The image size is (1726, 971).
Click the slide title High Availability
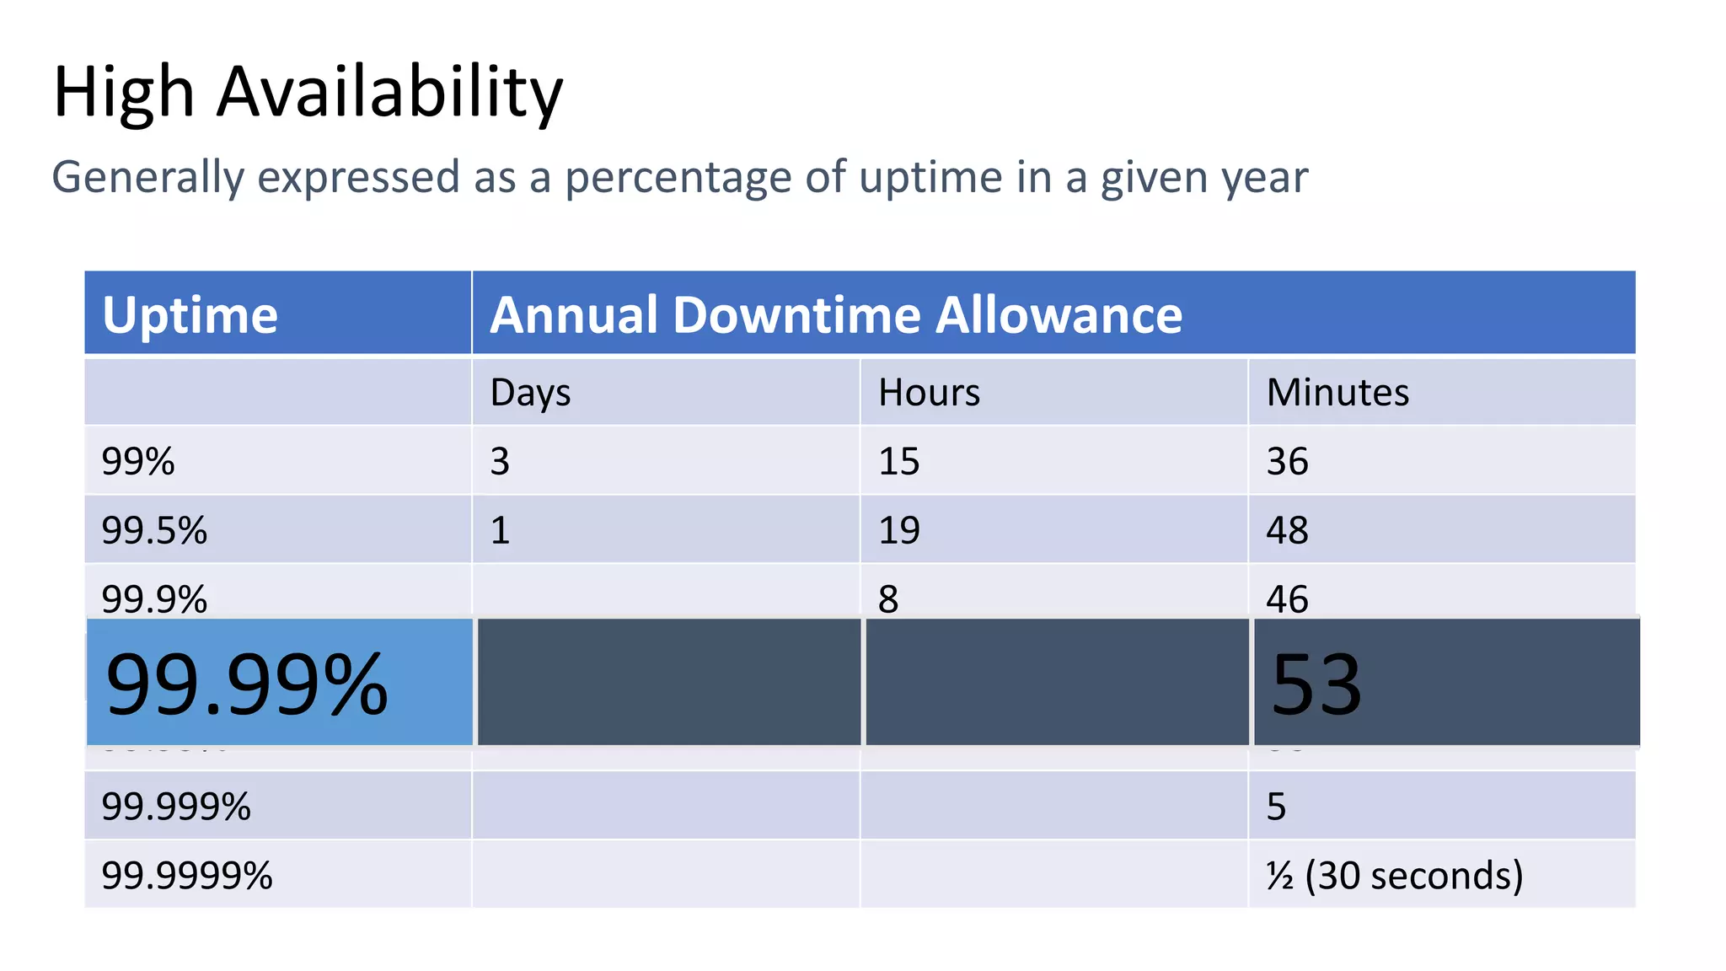308,93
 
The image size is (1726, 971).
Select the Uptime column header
190,315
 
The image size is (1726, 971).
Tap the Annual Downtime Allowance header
836,315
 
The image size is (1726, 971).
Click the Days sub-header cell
530,393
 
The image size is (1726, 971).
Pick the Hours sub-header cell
929,393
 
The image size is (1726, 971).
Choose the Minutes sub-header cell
1337,393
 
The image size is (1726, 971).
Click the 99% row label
138,462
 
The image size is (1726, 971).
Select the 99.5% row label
154,531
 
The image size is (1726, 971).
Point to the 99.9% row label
154,598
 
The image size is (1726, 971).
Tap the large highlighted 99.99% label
247,684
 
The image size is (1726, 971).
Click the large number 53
1316,684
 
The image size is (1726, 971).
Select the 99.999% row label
176,807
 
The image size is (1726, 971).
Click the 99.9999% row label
187,876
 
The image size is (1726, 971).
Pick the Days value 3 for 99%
500,462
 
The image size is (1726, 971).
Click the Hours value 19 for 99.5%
898,531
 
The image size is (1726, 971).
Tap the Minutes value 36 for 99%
1287,462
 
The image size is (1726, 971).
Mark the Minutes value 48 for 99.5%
1287,531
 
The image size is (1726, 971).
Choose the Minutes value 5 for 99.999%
1276,807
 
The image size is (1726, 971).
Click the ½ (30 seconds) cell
1395,876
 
